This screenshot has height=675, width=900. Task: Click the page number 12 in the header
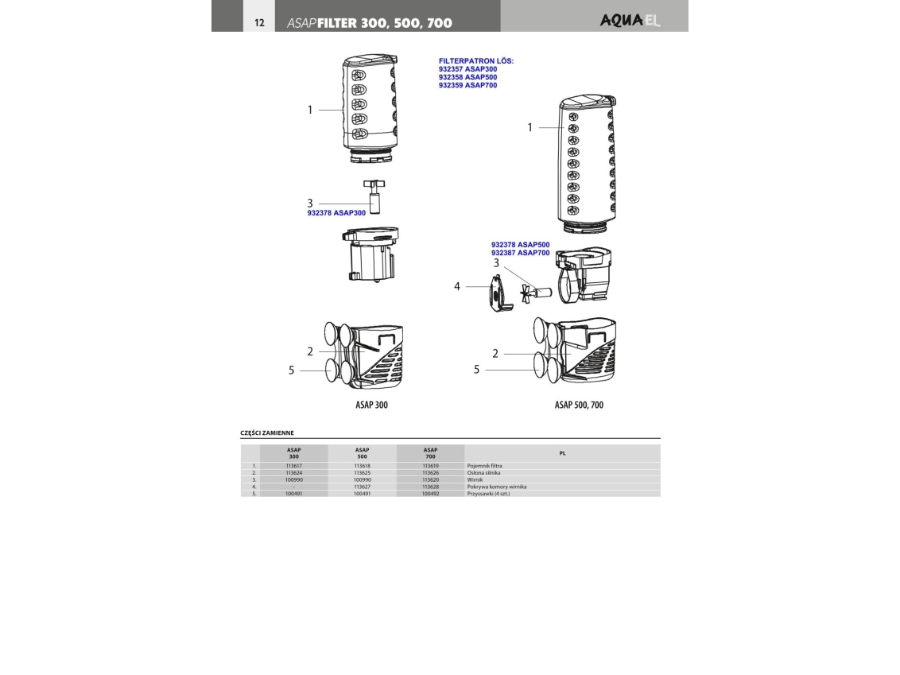(x=259, y=22)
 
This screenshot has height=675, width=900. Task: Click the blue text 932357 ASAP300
(x=467, y=69)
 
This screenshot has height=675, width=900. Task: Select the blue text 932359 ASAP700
(x=467, y=85)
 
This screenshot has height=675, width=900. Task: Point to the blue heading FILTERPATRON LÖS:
(x=476, y=60)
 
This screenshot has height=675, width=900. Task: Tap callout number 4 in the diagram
(x=457, y=286)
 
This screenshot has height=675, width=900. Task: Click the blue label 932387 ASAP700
(x=520, y=252)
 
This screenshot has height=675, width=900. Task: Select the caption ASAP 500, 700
(x=579, y=405)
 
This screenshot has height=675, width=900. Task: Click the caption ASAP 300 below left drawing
(x=371, y=405)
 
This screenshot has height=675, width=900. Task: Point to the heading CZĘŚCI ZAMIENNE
(x=267, y=433)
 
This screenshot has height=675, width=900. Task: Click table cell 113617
(x=293, y=465)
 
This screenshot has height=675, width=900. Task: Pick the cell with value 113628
(x=431, y=487)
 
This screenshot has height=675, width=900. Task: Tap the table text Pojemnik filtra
(x=484, y=465)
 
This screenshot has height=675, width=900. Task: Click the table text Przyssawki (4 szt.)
(x=488, y=494)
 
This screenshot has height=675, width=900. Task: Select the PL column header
(x=562, y=453)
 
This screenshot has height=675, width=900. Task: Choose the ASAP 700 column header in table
(x=431, y=453)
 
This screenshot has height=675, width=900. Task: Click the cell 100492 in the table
(x=431, y=494)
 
